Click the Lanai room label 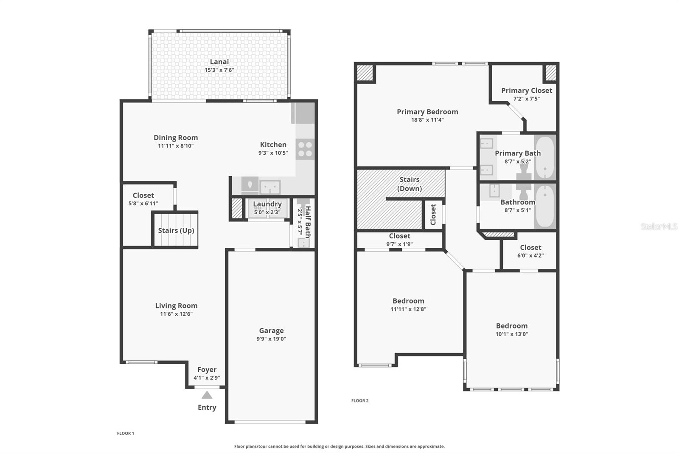219,62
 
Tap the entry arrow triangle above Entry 207,395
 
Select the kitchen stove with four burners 305,149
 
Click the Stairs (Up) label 176,230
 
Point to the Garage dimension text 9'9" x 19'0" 271,339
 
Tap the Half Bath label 308,222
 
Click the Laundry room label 267,204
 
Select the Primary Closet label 527,91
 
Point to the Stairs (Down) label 410,184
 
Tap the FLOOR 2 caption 360,400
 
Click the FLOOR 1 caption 126,433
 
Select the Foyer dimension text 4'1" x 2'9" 207,378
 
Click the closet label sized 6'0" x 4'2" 530,247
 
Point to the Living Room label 176,306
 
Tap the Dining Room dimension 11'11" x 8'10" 176,146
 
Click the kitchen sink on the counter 270,187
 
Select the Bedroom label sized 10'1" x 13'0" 512,326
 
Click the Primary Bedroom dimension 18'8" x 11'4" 427,120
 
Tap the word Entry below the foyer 207,408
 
